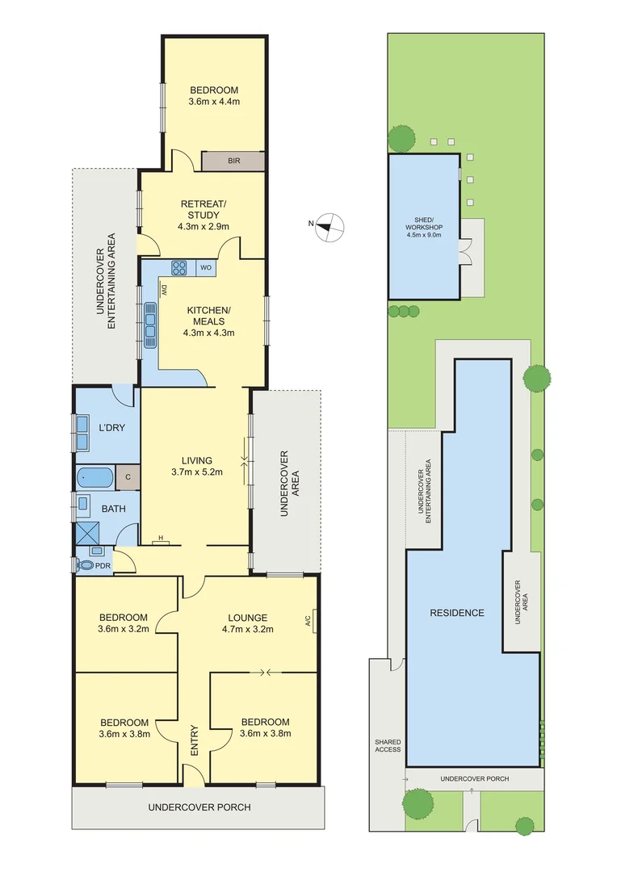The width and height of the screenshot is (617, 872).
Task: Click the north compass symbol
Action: coord(329,225)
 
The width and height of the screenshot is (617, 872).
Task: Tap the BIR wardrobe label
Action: coord(233,161)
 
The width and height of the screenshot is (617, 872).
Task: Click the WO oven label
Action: coord(206,268)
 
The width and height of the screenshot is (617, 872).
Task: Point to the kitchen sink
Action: coord(150,324)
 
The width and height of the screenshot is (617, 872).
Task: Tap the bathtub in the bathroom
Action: coord(96,477)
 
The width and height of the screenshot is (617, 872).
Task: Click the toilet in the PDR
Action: coord(85,565)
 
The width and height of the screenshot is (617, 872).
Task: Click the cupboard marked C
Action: coord(128,477)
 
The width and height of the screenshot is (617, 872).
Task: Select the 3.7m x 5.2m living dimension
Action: coord(196,472)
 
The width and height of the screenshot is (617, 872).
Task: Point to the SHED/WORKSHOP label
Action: coord(424,230)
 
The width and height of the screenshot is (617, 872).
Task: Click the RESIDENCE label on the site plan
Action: coord(457,612)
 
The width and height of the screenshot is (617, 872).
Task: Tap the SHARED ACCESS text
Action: coord(387,746)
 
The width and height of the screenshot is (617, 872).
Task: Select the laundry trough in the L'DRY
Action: coord(83,433)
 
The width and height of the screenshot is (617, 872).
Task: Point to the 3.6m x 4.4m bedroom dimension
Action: coord(214,103)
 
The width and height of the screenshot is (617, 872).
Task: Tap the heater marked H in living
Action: coord(162,540)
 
